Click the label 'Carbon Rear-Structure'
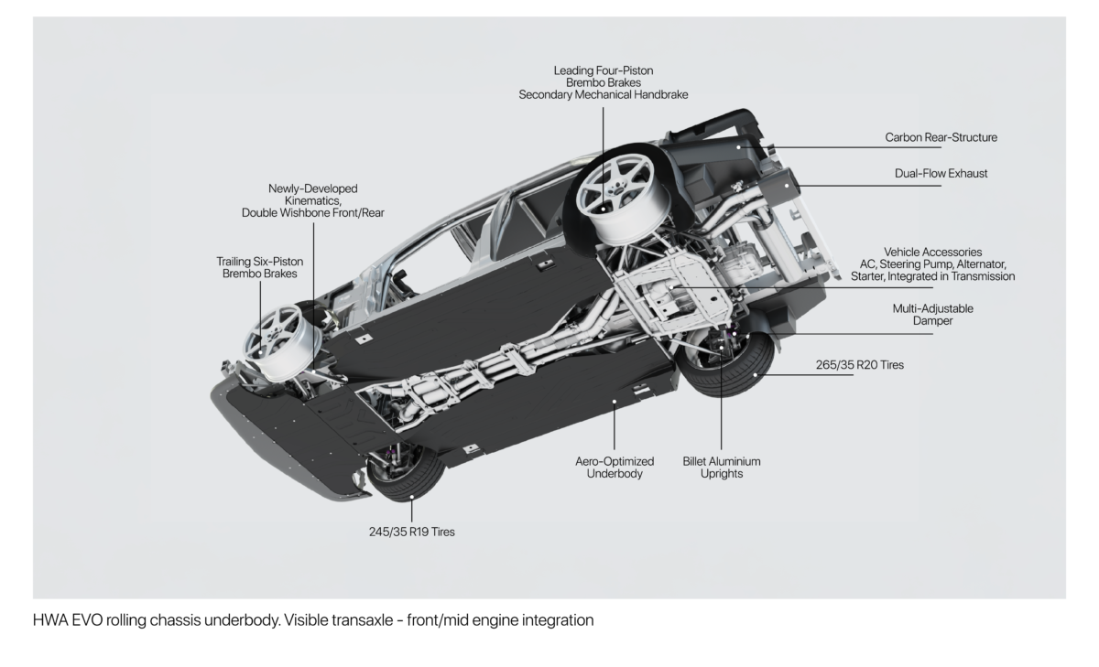[x=941, y=138]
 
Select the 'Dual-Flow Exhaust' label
[x=941, y=173]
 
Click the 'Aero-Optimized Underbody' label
[x=615, y=468]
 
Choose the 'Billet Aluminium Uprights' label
[x=722, y=468]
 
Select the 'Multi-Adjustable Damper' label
[x=932, y=315]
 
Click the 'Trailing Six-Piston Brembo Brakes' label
[x=259, y=267]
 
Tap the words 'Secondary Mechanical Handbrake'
[x=603, y=94]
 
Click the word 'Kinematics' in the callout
[x=312, y=200]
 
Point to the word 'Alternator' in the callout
[x=978, y=264]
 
